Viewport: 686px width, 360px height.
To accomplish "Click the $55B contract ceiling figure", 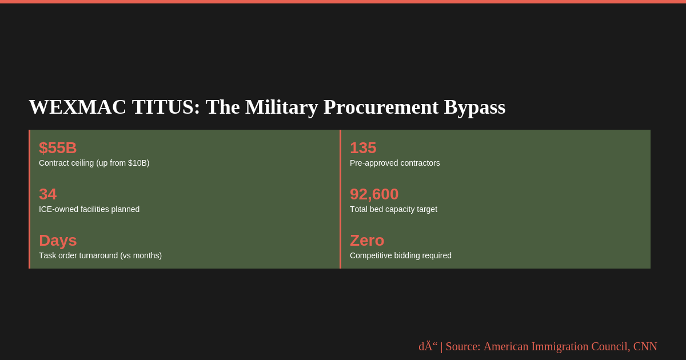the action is coord(58,148).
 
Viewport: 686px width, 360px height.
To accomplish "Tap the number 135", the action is coord(363,148).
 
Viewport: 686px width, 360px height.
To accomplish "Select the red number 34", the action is coord(48,194).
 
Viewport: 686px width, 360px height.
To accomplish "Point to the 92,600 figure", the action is coord(374,194).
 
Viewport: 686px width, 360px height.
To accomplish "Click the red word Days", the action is coord(58,241).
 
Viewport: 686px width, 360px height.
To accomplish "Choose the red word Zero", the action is coord(367,241).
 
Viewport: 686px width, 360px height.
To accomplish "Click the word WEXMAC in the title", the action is coord(78,107).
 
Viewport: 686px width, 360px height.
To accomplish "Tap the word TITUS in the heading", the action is coord(166,107).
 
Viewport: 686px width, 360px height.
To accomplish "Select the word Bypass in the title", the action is coord(474,107).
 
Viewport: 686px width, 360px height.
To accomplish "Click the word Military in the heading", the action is coord(281,107).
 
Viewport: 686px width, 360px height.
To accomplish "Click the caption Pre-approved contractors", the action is coord(395,163).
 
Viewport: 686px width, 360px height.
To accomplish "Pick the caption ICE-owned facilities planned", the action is coord(89,209).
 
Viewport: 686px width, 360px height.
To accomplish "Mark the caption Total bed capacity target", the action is coord(393,209).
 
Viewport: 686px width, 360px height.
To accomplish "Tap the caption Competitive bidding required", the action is coord(401,255).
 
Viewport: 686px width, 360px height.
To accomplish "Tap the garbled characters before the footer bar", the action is coord(428,346).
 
